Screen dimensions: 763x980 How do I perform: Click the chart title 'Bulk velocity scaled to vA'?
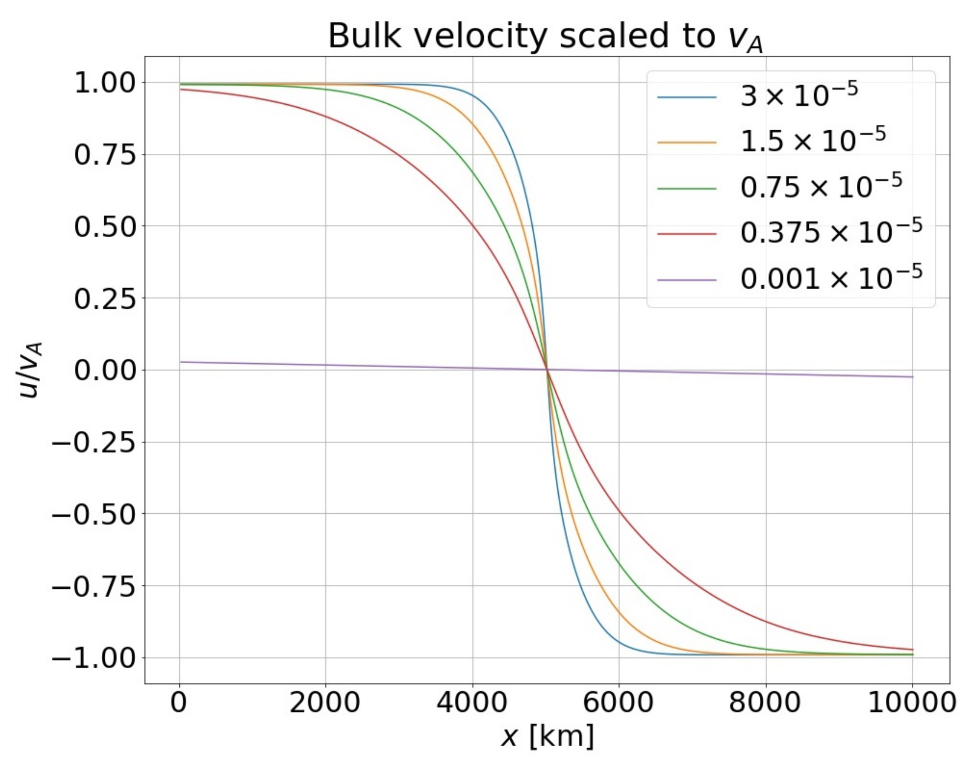(545, 37)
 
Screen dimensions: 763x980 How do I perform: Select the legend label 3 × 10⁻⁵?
(799, 95)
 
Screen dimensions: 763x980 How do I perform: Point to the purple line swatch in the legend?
(686, 280)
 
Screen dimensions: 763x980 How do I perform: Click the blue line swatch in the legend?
(686, 97)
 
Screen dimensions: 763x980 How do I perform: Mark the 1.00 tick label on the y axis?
(105, 83)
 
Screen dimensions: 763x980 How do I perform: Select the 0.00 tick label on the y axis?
(105, 371)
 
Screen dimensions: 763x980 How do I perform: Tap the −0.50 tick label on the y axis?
(93, 515)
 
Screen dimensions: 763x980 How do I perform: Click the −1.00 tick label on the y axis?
(93, 658)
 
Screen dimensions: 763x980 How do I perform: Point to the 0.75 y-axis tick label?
(105, 155)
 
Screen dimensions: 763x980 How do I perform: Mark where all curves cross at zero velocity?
(547, 370)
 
